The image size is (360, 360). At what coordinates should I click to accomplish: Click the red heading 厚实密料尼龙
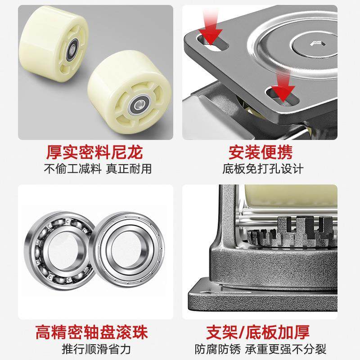click(94, 153)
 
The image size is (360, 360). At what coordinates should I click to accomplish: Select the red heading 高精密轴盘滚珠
click(94, 333)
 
